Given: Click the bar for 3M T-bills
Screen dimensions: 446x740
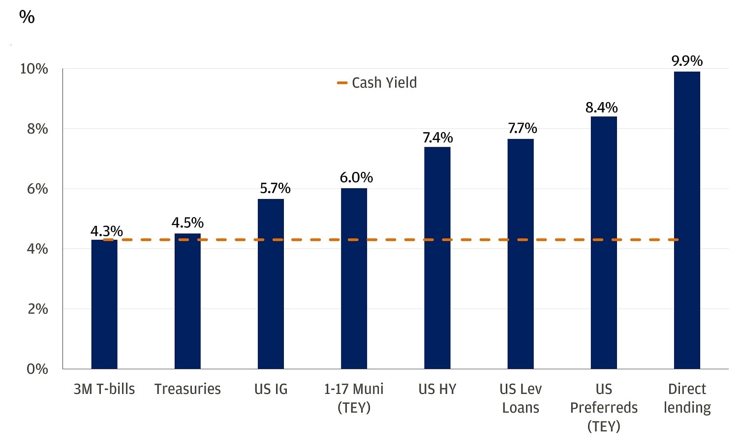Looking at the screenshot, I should point(104,305).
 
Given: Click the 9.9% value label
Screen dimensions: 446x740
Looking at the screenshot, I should point(687,61).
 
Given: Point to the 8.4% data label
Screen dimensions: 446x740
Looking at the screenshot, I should point(601,108).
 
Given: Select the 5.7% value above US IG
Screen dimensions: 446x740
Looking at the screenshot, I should point(275,189).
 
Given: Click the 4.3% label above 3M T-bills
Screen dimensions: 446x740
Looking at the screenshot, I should point(106,231).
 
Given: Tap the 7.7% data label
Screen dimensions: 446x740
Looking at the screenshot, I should point(522,128).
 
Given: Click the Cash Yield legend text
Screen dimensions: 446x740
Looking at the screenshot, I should point(384,83).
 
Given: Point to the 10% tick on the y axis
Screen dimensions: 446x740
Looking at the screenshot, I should point(34,69).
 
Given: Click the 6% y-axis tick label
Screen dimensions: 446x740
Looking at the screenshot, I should point(37,189).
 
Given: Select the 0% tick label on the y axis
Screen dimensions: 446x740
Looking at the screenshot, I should point(37,369).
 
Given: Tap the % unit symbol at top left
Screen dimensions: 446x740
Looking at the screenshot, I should point(27,17).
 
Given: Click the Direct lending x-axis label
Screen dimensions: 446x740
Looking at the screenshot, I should point(687,398).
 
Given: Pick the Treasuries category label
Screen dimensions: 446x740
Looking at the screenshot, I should point(187,389).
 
